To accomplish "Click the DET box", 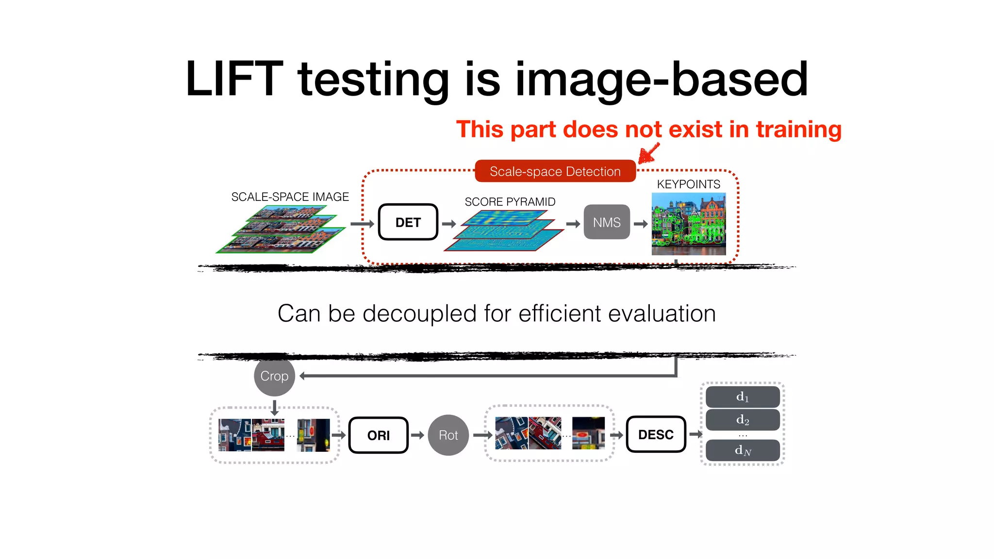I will tap(408, 222).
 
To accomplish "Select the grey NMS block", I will tap(606, 222).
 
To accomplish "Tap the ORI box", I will tap(378, 435).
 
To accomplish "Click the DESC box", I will tap(656, 434).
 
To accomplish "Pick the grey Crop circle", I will tap(274, 376).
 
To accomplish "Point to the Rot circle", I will tap(448, 435).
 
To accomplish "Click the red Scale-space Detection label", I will tap(555, 171).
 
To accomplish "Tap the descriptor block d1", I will tap(742, 397).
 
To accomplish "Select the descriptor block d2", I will tap(742, 420).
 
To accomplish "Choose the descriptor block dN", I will tap(742, 450).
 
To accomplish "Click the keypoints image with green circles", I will tap(688, 224).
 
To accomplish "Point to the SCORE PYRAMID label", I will tap(510, 202).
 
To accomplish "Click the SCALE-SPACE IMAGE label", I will tap(290, 197).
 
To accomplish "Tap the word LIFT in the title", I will tap(234, 79).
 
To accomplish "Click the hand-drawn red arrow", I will tap(649, 154).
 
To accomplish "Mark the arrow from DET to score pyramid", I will tap(449, 224).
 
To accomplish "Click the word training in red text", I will tap(798, 130).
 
